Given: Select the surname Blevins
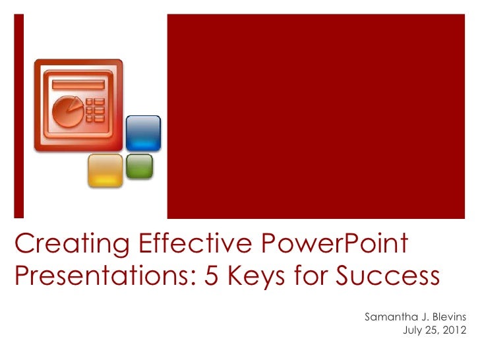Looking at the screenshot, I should pos(448,317).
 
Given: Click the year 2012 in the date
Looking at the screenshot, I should pos(454,330).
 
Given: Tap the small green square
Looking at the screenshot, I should pos(139,166).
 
